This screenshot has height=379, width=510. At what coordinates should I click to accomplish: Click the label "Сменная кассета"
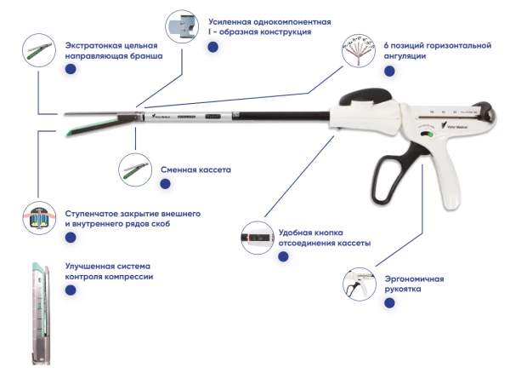click(195, 169)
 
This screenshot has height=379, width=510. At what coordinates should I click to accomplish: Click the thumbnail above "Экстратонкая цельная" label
click(38, 51)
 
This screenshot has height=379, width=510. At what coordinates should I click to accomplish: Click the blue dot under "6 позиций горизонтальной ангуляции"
click(388, 72)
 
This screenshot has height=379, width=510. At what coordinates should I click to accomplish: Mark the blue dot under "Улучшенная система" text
click(70, 290)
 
